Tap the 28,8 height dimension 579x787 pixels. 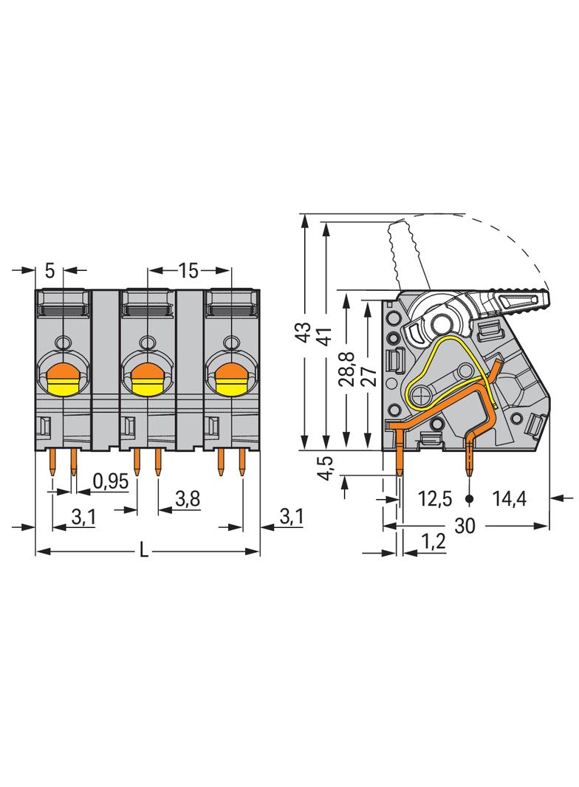346,368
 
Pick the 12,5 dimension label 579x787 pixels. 435,499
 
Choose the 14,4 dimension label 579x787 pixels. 509,499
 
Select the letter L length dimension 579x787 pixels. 144,551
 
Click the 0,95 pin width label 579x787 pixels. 111,481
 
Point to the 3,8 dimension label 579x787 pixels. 188,499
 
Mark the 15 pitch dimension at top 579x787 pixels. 188,271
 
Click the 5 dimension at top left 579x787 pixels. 49,271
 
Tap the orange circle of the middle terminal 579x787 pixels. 145,373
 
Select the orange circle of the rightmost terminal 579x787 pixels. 230,373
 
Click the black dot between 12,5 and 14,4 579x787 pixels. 470,499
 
